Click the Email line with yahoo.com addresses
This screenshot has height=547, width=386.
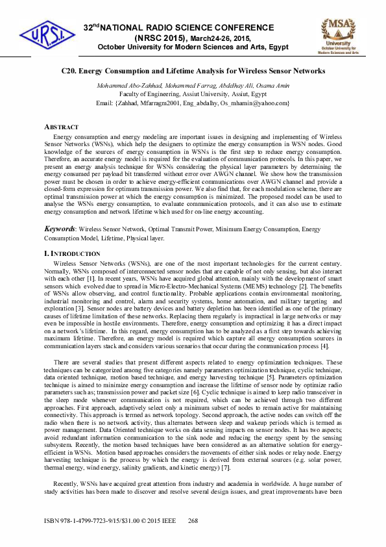click(x=192, y=103)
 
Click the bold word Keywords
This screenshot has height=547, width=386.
click(x=59, y=229)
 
